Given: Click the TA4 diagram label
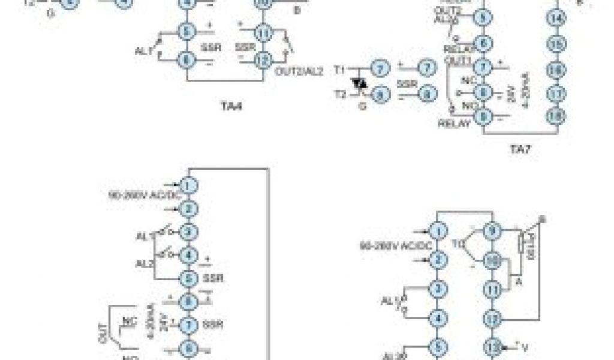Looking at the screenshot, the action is [227, 109].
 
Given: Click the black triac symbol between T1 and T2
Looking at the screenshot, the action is [360, 83].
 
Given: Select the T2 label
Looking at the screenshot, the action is [340, 95].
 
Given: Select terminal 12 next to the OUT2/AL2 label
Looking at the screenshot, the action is [261, 60].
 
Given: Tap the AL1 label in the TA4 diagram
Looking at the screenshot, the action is [143, 52].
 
